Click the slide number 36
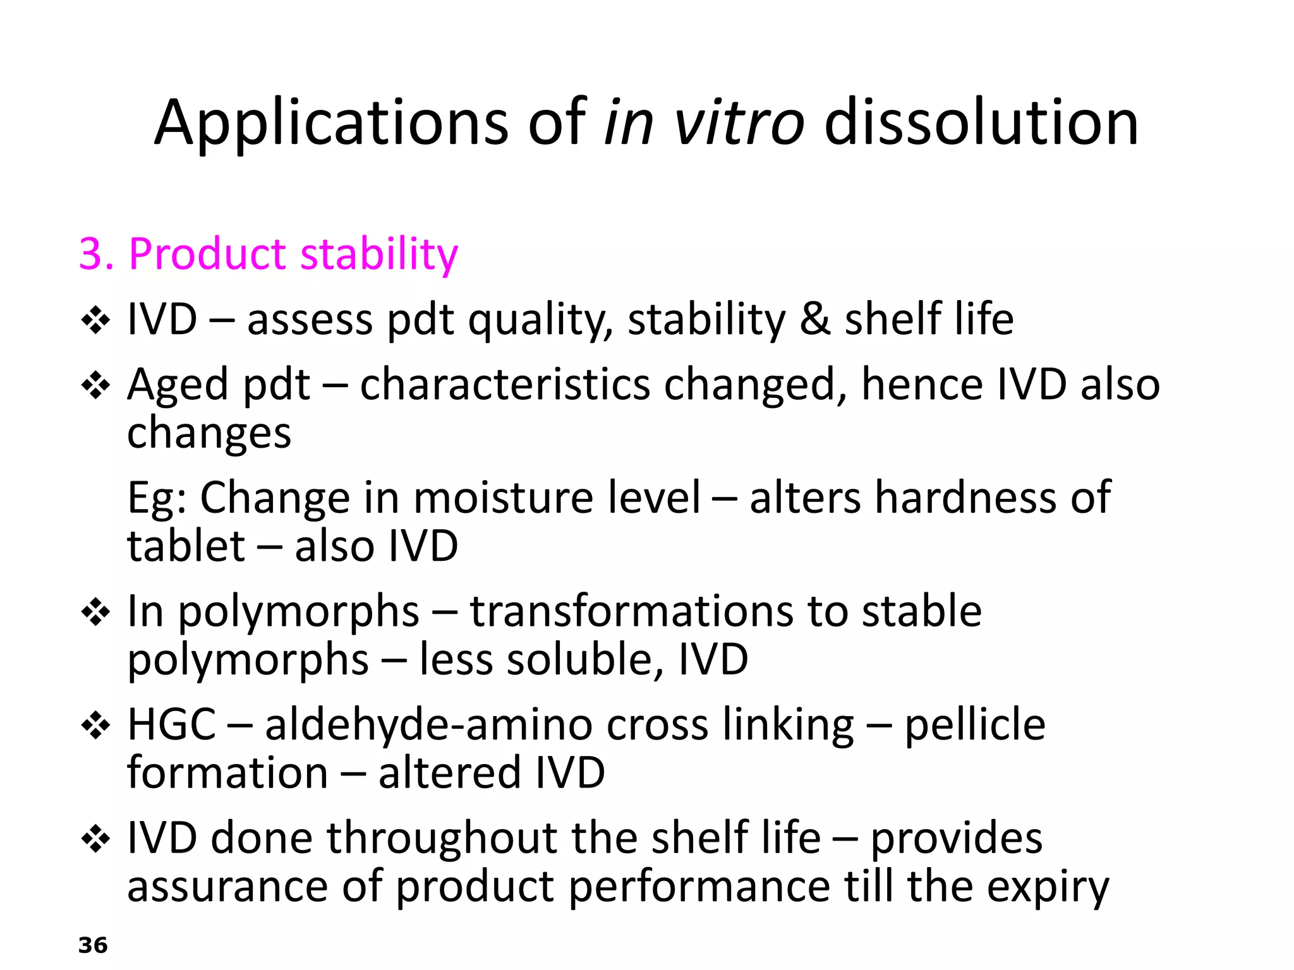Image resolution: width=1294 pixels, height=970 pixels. pos(93,945)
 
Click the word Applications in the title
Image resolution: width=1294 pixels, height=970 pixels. pos(331,123)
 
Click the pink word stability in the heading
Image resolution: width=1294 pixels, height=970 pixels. pos(378,254)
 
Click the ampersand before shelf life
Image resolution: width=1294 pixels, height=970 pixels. pos(814,319)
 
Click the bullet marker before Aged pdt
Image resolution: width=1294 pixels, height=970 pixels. pos(96,385)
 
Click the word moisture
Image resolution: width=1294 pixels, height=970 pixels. pos(503,498)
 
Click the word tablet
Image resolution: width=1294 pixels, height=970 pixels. pos(186,546)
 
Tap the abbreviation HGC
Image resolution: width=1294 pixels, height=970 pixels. pos(171,724)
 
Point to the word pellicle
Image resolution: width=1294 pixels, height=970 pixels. pos(975,724)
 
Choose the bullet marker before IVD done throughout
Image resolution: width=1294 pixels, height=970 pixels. pos(96,839)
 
